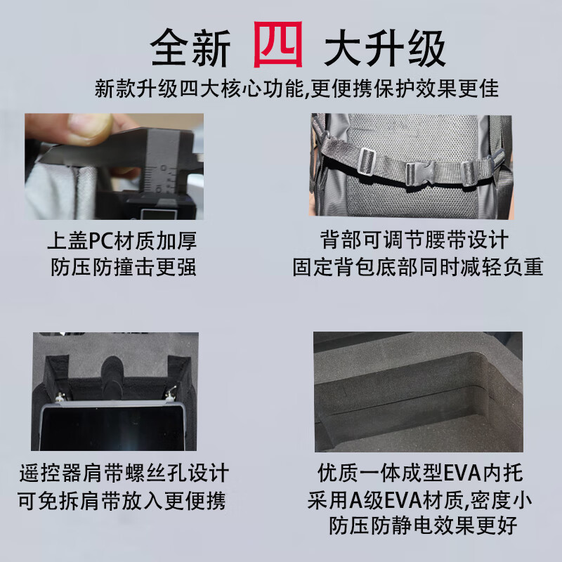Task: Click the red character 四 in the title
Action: pyautogui.click(x=278, y=44)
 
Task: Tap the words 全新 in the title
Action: pyautogui.click(x=190, y=48)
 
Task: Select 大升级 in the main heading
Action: pyautogui.click(x=384, y=48)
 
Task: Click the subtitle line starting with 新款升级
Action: pyautogui.click(x=296, y=89)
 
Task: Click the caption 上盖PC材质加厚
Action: pyautogui.click(x=122, y=240)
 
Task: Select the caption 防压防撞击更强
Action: pyautogui.click(x=124, y=267)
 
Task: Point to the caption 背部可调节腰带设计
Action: pyautogui.click(x=414, y=240)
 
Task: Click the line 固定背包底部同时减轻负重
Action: pyautogui.click(x=418, y=267)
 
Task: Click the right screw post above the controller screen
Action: pyautogui.click(x=170, y=394)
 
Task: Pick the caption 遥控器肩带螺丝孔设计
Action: pyautogui.click(x=124, y=473)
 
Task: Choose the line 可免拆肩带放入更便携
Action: pyautogui.click(x=122, y=501)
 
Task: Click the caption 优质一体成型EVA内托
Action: pyautogui.click(x=420, y=473)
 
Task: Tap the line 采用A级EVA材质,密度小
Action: pyautogui.click(x=419, y=500)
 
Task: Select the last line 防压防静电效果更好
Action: pyautogui.click(x=423, y=525)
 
